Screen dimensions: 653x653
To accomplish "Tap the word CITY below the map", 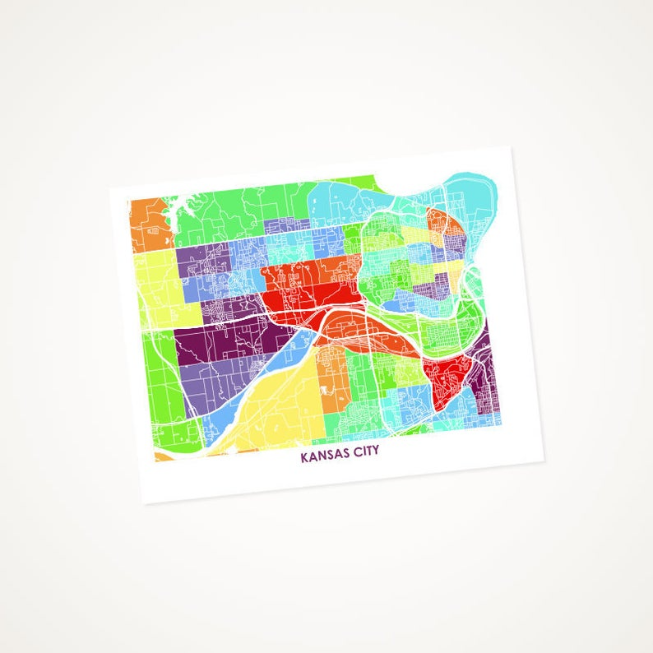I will [x=365, y=452].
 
